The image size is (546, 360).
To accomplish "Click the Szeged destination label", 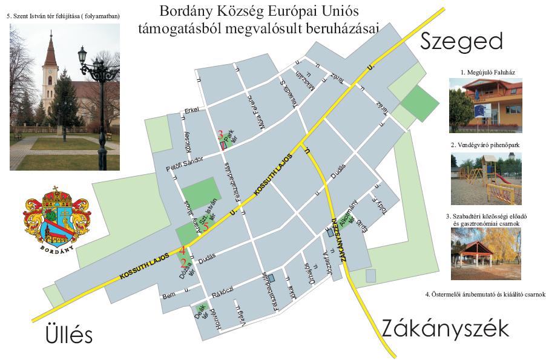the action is (462, 42).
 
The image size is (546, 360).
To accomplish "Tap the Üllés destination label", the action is (69, 334).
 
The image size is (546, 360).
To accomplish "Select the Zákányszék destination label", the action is (445, 329).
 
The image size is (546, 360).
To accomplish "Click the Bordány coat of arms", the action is (58, 218).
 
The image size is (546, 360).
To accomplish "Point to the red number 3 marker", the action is (221, 134).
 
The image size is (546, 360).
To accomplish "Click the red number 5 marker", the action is (206, 227).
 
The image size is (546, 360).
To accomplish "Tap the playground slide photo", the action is (485, 179).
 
